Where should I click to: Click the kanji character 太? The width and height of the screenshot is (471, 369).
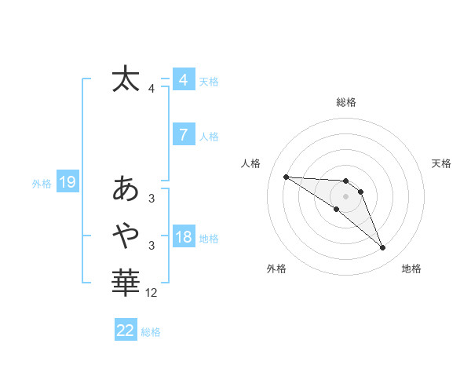point(126,79)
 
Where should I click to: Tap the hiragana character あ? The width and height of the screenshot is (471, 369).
point(126,189)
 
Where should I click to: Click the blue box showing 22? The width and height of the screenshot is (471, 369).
point(126,331)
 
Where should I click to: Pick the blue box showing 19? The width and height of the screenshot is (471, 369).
point(68,183)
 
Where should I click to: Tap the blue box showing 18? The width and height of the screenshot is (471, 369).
point(184,237)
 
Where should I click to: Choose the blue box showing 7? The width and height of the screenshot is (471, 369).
point(184,135)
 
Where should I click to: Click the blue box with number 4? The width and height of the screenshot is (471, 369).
point(184,79)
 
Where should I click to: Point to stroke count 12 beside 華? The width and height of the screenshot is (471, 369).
point(152,293)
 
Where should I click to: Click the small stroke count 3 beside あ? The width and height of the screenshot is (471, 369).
point(152,199)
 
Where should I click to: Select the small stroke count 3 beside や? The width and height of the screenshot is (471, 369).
point(152,246)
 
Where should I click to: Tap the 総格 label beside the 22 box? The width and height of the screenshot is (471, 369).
point(151,332)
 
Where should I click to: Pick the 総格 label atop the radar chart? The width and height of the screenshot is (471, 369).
point(345,102)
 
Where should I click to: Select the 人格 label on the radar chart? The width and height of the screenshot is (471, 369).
point(251,163)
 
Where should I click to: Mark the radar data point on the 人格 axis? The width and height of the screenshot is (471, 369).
point(286,177)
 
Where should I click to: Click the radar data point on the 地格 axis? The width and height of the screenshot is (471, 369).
point(383,248)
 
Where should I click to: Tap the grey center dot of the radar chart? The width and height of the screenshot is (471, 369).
point(345,195)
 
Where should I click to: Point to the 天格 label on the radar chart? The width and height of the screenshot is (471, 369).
point(442,163)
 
